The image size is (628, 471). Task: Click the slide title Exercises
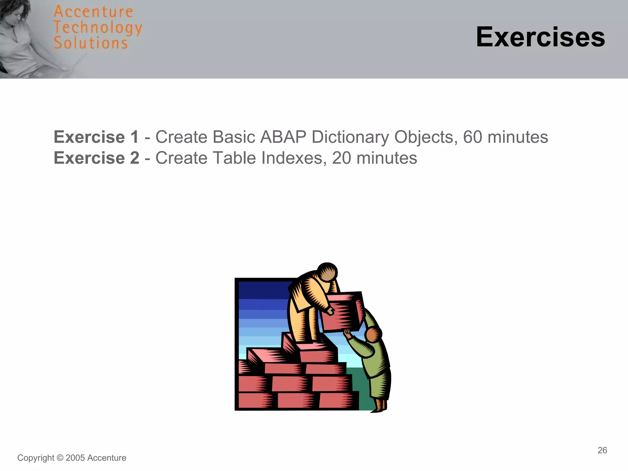(x=540, y=37)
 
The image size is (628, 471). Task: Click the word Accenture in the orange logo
(x=93, y=12)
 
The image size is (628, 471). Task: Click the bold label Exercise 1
(x=96, y=137)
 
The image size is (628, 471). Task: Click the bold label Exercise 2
(x=96, y=158)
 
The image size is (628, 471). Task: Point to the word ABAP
(x=283, y=137)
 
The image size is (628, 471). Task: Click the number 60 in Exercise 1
(x=473, y=137)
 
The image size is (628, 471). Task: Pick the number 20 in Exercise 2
(x=341, y=158)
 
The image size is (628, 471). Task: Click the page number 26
(x=602, y=450)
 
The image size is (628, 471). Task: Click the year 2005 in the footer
(x=75, y=458)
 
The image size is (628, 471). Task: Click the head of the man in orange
(x=327, y=272)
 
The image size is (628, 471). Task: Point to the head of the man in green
(x=373, y=335)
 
